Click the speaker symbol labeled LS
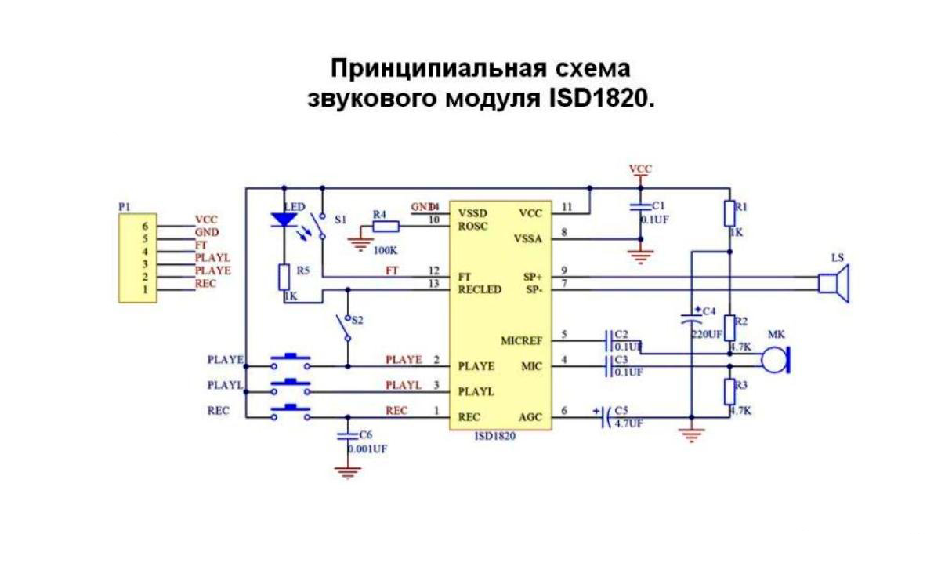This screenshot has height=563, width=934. point(833,282)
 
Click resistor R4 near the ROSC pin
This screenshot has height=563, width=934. point(385,227)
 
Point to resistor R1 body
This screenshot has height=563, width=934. point(729,214)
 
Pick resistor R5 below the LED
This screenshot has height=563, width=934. point(284,277)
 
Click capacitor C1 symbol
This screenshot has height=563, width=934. point(641,207)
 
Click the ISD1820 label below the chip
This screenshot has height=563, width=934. point(496,438)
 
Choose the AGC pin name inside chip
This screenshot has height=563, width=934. point(530,416)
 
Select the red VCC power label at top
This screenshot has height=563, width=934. point(640,169)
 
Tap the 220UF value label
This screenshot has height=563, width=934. point(706,334)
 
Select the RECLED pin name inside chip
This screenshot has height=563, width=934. point(480,289)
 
